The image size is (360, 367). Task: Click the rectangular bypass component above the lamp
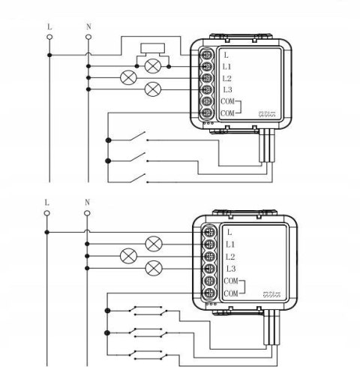point(154,53)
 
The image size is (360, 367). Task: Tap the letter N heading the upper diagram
point(88,27)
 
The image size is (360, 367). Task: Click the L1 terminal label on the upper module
point(227,67)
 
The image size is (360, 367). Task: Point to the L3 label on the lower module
point(230,268)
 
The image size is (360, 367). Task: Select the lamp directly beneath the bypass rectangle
point(154,66)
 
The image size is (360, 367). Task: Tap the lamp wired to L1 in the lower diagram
point(154,242)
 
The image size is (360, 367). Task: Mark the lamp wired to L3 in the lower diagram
point(154,267)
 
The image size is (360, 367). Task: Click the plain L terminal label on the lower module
point(228,231)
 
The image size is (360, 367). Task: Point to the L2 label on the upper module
point(227,78)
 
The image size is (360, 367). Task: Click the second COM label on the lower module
point(229,292)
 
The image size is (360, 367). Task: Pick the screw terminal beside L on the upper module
point(208,54)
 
